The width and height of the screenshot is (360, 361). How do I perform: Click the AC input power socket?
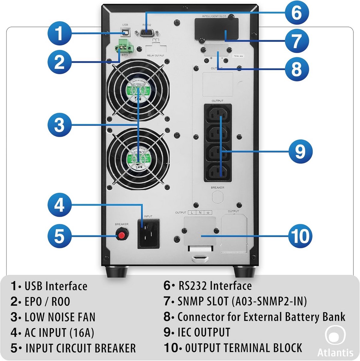[148, 233]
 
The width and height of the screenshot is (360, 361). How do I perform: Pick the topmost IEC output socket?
[218, 114]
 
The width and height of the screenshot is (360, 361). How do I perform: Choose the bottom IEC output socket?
[218, 171]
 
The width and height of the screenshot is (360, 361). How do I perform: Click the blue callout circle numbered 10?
[300, 235]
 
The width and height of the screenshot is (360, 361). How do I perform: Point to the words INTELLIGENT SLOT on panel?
[214, 16]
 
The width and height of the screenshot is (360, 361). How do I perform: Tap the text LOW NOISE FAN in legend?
[60, 317]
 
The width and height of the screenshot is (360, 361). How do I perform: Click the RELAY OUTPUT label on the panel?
[156, 56]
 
